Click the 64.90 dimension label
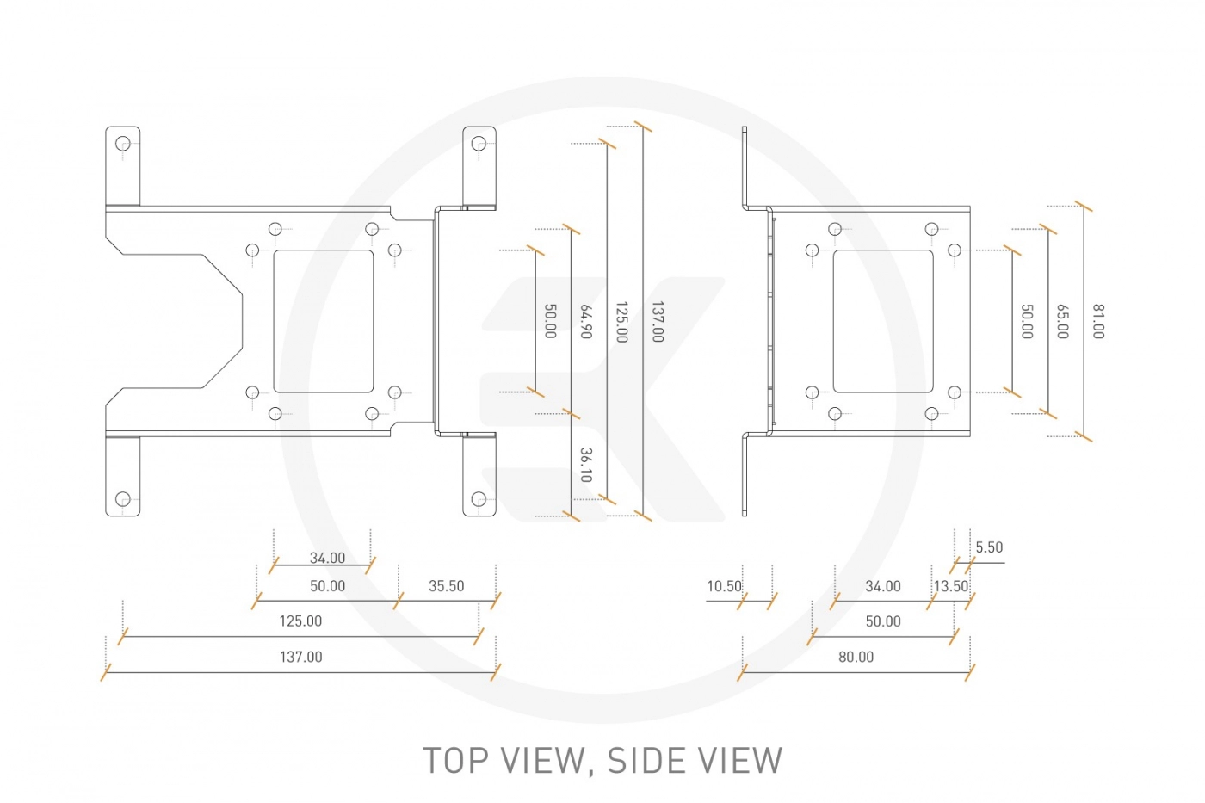coord(586,321)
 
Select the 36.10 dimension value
coord(586,465)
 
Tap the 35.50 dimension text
coord(446,586)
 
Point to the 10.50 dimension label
coord(724,586)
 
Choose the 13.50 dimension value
coord(950,586)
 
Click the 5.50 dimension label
coord(989,547)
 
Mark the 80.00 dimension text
coord(856,657)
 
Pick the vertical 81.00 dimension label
coord(1098,321)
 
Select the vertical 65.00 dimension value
coord(1062,321)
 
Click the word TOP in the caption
coord(456,761)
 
